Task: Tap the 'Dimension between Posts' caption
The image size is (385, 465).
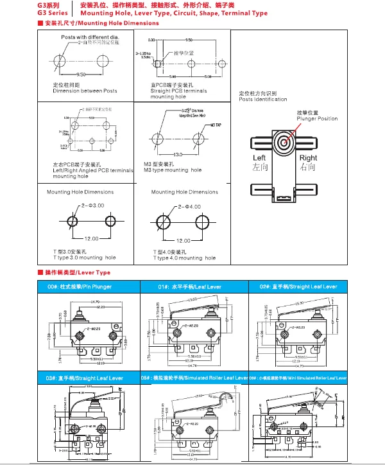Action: coord(85,91)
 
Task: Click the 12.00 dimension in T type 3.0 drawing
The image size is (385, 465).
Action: coord(90,238)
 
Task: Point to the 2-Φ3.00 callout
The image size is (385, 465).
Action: coord(92,205)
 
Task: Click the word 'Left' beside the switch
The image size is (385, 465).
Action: coord(259,158)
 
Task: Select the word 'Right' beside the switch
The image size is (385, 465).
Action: coord(308,158)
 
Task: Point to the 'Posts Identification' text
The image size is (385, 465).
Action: coord(263,100)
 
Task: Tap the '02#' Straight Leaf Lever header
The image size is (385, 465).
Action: coord(298,286)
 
